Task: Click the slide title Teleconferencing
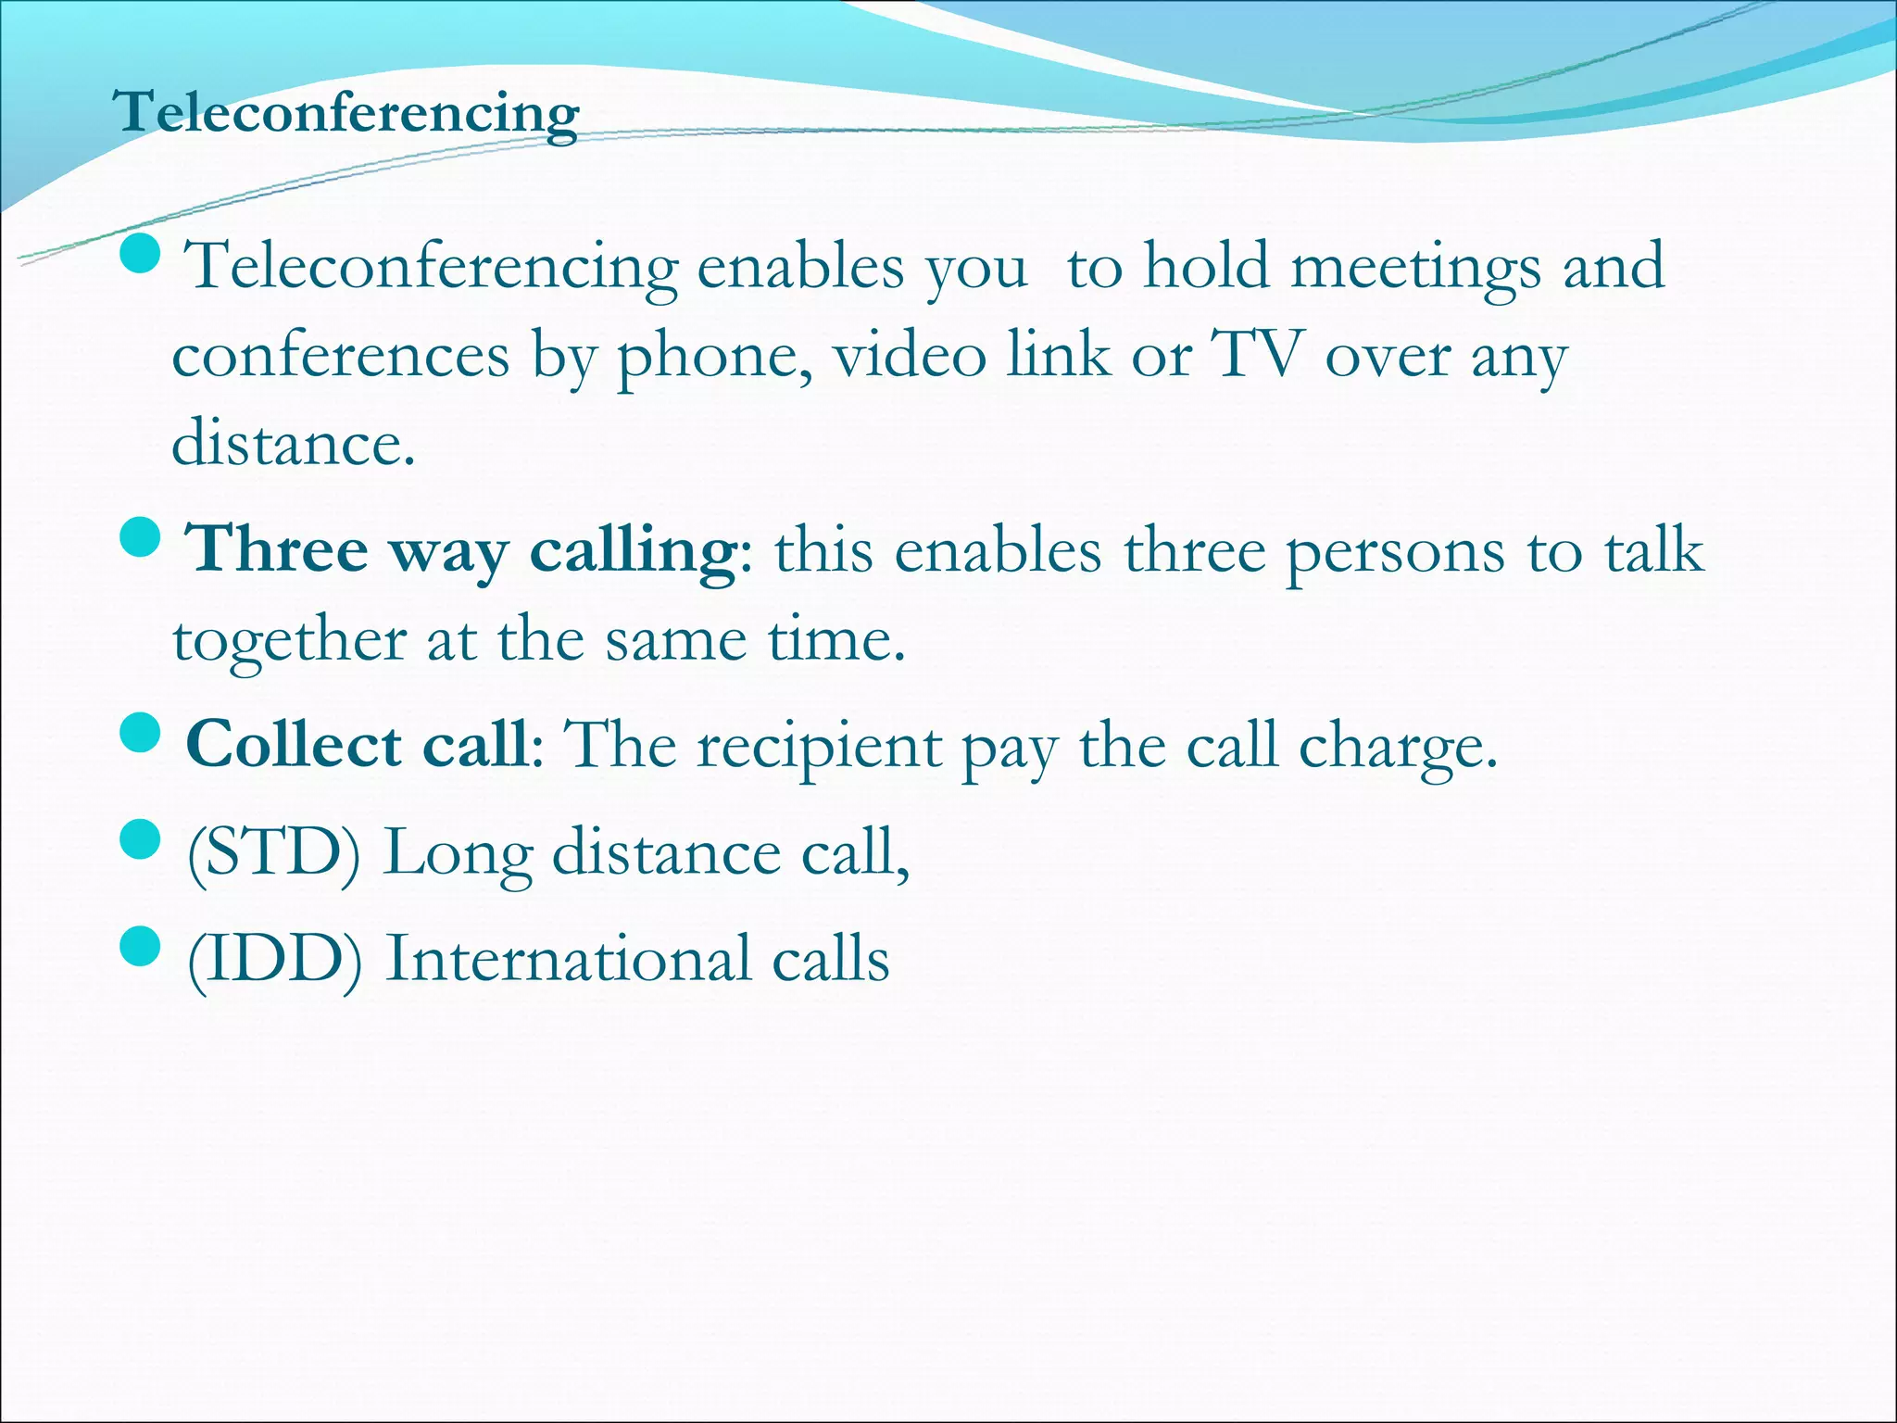pos(345,114)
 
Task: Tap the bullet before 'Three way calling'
pos(142,536)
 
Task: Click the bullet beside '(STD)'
pos(142,840)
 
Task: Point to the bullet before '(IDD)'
pos(142,946)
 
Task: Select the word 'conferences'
pos(341,357)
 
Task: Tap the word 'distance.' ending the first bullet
pos(293,444)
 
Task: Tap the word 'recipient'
pos(819,749)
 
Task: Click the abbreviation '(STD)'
pos(273,853)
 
